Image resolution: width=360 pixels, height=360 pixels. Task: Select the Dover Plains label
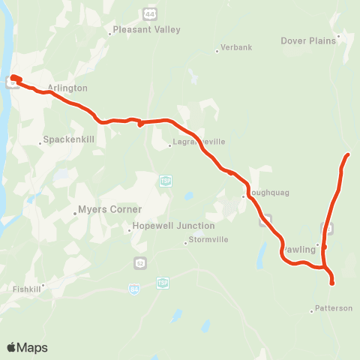(x=309, y=40)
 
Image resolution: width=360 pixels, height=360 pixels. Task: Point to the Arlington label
(x=67, y=88)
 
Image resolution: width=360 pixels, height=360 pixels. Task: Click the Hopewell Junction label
(x=173, y=226)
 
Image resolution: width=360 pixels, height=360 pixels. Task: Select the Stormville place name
(x=207, y=240)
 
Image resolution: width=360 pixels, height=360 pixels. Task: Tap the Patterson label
(x=333, y=307)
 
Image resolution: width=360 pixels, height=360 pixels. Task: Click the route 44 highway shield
(x=148, y=13)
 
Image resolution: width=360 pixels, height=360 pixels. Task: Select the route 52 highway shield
(x=140, y=262)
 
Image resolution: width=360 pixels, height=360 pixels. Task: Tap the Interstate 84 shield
(x=134, y=289)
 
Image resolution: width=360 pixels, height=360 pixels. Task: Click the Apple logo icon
(x=12, y=347)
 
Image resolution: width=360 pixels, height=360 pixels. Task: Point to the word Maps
(x=33, y=347)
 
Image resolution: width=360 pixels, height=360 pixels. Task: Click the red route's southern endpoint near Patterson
(x=331, y=283)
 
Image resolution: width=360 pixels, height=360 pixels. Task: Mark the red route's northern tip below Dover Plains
(x=349, y=154)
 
